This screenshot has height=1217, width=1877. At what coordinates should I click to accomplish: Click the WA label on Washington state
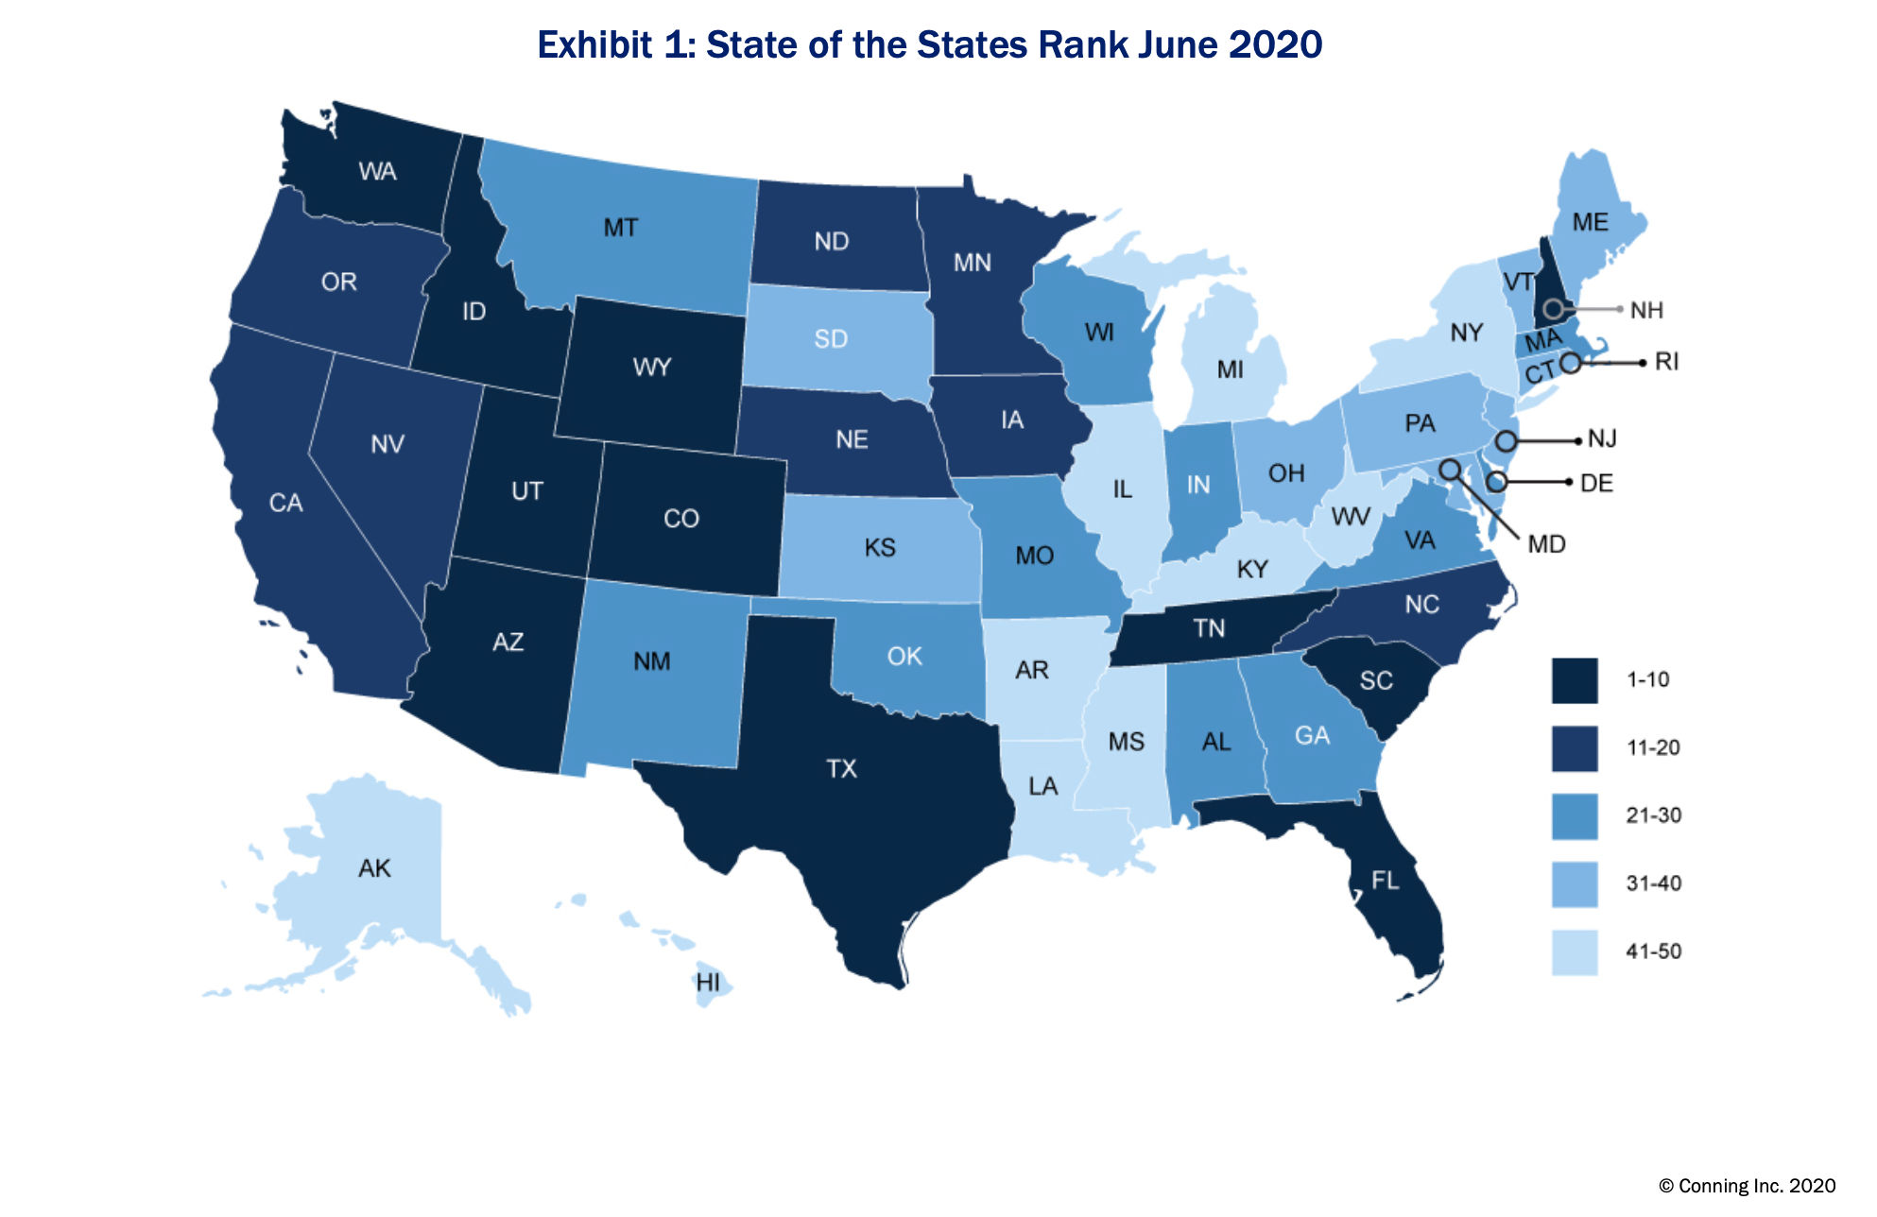coord(377,172)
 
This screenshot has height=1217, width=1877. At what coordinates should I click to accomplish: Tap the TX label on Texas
coord(841,769)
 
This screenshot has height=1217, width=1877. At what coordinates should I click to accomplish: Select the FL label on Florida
coord(1385,881)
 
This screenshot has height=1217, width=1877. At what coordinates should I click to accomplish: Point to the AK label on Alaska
coord(374,868)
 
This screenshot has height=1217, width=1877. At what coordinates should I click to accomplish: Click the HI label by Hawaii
coord(708,983)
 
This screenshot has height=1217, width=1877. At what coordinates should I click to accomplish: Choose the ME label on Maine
coord(1590,222)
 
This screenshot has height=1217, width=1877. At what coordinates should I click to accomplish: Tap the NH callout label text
coord(1646,310)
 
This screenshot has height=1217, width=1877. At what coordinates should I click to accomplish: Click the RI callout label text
coord(1666,362)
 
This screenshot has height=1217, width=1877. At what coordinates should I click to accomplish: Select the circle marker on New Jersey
coord(1507,441)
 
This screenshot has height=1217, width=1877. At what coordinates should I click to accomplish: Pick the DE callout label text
coord(1596,484)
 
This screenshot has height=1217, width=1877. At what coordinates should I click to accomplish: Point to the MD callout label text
coord(1546,544)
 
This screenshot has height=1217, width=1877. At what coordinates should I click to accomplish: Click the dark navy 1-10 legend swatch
coord(1575,680)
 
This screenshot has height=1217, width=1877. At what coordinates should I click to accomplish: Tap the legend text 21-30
coord(1653,815)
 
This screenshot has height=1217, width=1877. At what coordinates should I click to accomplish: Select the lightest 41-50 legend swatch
coord(1575,951)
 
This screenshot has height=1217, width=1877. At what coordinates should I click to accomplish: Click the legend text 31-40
coord(1653,883)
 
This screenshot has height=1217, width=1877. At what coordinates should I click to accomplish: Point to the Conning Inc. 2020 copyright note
coord(1747,1186)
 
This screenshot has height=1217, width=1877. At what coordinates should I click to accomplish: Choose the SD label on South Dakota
coord(831,339)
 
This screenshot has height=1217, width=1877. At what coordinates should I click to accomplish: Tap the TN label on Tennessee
coord(1209,628)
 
